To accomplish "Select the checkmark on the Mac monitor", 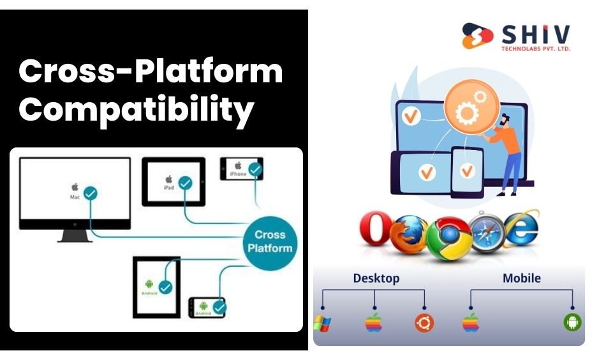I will click(x=91, y=192).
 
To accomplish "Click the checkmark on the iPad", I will click(x=185, y=183).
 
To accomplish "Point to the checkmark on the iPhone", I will click(x=255, y=170).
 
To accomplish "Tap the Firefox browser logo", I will click(x=408, y=234).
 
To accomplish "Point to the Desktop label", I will click(x=376, y=278).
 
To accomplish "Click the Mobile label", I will click(x=521, y=278).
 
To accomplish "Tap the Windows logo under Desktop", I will click(x=323, y=323).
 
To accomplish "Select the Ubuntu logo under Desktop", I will click(x=424, y=323).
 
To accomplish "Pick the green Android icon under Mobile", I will click(x=573, y=322).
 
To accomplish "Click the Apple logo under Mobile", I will click(x=471, y=322).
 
